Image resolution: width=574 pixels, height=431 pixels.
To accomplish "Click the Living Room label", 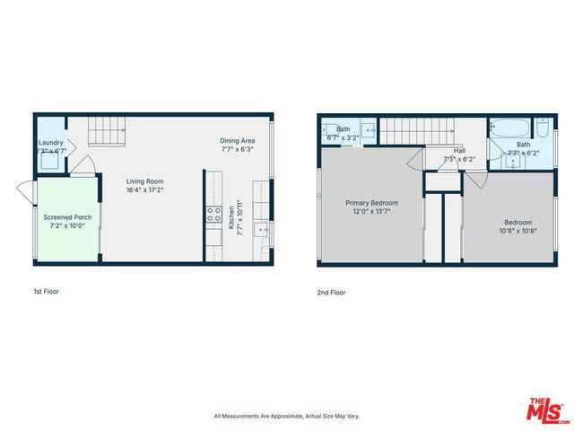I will click(x=144, y=181).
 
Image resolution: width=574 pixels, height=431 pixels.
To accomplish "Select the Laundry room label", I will click(x=50, y=142).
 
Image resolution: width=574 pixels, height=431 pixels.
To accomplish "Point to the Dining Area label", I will click(x=238, y=141).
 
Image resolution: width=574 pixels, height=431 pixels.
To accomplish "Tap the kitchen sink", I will click(x=263, y=229).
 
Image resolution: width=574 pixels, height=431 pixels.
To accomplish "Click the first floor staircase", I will click(x=109, y=132).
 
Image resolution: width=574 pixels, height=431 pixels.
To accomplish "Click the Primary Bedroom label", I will click(x=371, y=203).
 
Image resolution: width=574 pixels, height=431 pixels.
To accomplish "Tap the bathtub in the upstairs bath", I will click(x=510, y=127).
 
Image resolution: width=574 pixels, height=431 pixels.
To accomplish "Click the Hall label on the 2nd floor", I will click(x=458, y=151).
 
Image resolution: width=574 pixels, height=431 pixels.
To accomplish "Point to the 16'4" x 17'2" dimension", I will click(x=144, y=189).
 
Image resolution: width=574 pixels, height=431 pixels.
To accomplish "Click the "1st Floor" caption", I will click(x=46, y=292).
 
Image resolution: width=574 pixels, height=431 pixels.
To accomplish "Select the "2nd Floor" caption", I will click(x=331, y=293).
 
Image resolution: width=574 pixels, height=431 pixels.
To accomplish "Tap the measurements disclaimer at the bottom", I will click(x=286, y=416).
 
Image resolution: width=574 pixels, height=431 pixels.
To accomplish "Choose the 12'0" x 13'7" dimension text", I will click(x=371, y=212).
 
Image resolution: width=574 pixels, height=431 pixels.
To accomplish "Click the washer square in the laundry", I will click(x=51, y=127).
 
